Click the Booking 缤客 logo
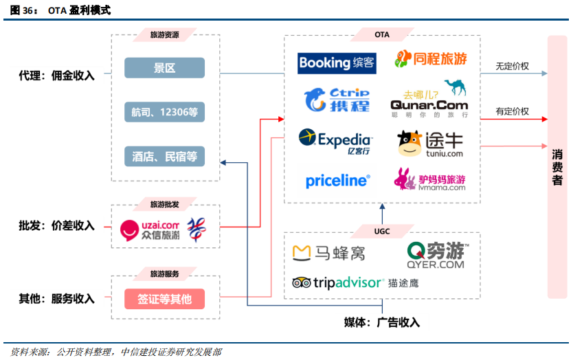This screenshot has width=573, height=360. click(x=337, y=63)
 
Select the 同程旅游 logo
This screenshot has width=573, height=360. click(x=430, y=59)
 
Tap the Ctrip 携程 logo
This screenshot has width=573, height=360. click(x=337, y=100)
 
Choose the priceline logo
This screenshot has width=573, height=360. click(x=337, y=181)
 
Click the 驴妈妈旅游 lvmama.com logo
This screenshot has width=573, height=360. click(x=429, y=180)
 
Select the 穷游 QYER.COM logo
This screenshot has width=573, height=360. click(x=436, y=255)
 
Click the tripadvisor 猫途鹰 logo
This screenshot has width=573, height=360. click(x=355, y=282)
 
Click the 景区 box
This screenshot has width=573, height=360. click(x=164, y=68)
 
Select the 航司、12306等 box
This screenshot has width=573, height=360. click(x=164, y=112)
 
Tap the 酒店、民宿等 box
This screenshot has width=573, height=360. click(x=164, y=157)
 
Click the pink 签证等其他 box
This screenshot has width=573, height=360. click(x=164, y=299)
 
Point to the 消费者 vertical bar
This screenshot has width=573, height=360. click(x=557, y=167)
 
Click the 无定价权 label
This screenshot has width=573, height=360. click(x=512, y=67)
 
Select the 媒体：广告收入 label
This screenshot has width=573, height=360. click(x=381, y=323)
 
